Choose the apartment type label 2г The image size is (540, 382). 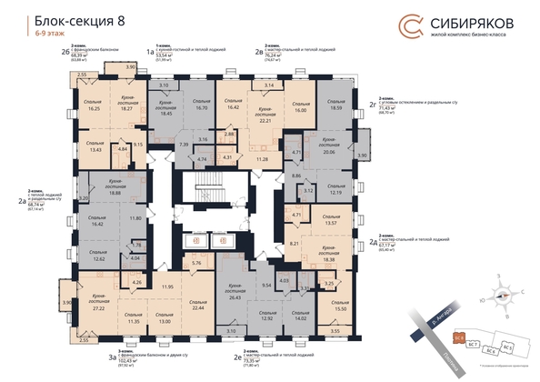[373, 105]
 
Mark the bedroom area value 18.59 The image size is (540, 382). [338, 108]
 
